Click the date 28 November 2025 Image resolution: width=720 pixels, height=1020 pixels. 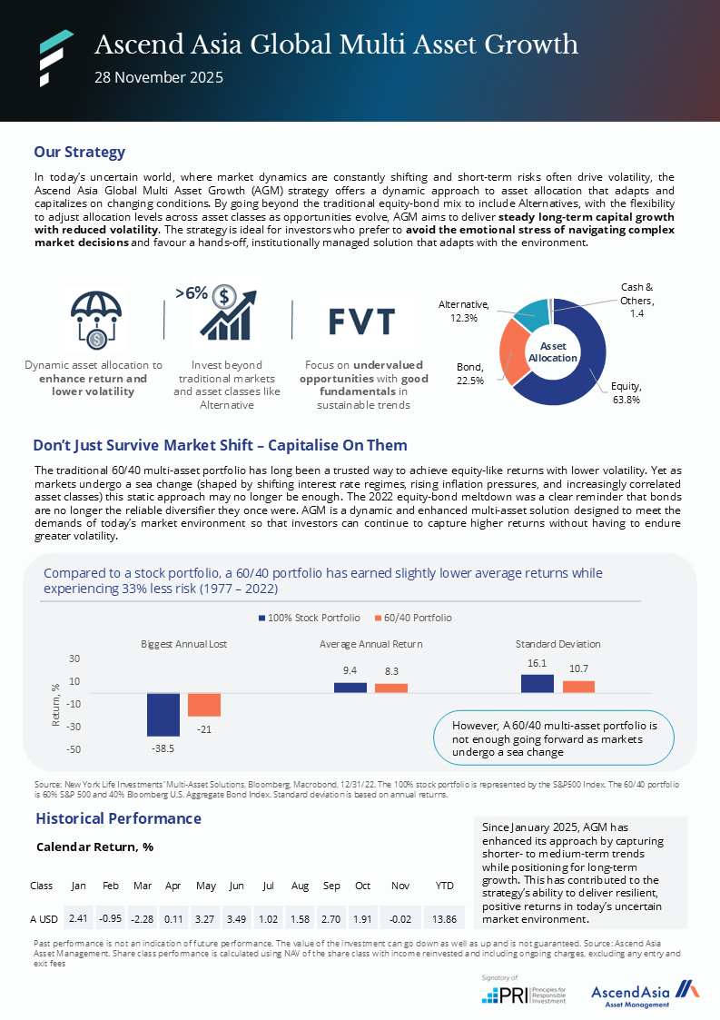pyautogui.click(x=159, y=77)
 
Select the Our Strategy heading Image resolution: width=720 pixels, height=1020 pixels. pyautogui.click(x=79, y=152)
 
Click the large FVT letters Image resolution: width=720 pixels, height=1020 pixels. pyautogui.click(x=361, y=322)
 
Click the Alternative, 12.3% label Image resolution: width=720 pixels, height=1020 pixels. pyautogui.click(x=464, y=312)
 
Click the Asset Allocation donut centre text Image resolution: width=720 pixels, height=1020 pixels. pyautogui.click(x=552, y=352)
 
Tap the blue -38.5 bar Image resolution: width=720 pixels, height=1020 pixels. pyautogui.click(x=163, y=714)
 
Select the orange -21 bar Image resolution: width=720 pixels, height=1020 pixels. pyautogui.click(x=204, y=704)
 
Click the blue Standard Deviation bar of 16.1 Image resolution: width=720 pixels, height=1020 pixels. pyautogui.click(x=538, y=683)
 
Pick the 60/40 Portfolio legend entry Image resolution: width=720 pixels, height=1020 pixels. pyautogui.click(x=413, y=618)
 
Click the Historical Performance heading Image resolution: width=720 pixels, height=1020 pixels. pyautogui.click(x=118, y=818)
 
